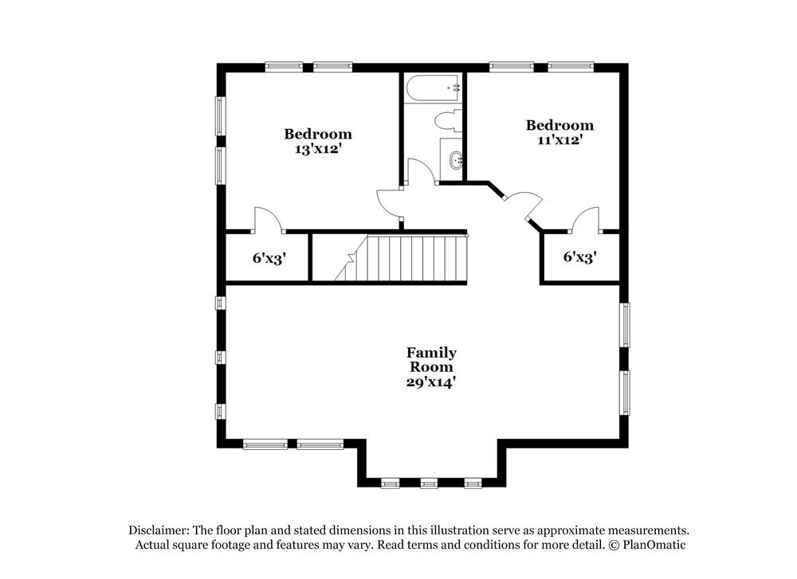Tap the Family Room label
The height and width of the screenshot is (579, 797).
click(431, 359)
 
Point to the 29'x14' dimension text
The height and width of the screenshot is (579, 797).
click(431, 382)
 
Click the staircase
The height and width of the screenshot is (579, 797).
click(406, 258)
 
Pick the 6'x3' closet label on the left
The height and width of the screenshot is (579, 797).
click(269, 258)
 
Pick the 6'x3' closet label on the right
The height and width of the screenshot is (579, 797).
click(579, 257)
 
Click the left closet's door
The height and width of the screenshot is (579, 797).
click(266, 220)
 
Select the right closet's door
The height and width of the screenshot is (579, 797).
click(586, 220)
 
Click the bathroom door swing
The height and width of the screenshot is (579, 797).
click(420, 171)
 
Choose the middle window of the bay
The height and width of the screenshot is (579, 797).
click(430, 483)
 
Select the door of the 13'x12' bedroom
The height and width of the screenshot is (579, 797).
click(390, 203)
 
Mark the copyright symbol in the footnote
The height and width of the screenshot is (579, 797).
click(614, 545)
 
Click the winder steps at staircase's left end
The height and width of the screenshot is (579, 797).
click(349, 266)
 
